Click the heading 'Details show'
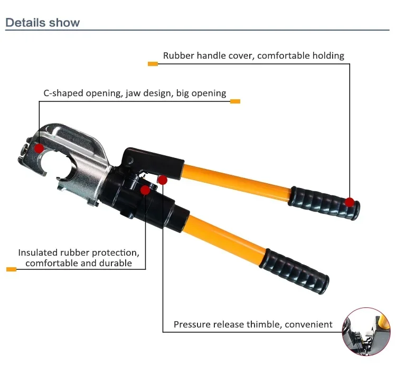[x=43, y=23]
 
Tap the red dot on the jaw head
[x=39, y=148]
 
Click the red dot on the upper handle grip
[x=350, y=202]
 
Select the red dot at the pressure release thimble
[x=163, y=180]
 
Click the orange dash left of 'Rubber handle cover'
[x=153, y=64]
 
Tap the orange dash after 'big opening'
[x=235, y=101]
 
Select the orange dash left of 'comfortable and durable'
[x=11, y=269]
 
